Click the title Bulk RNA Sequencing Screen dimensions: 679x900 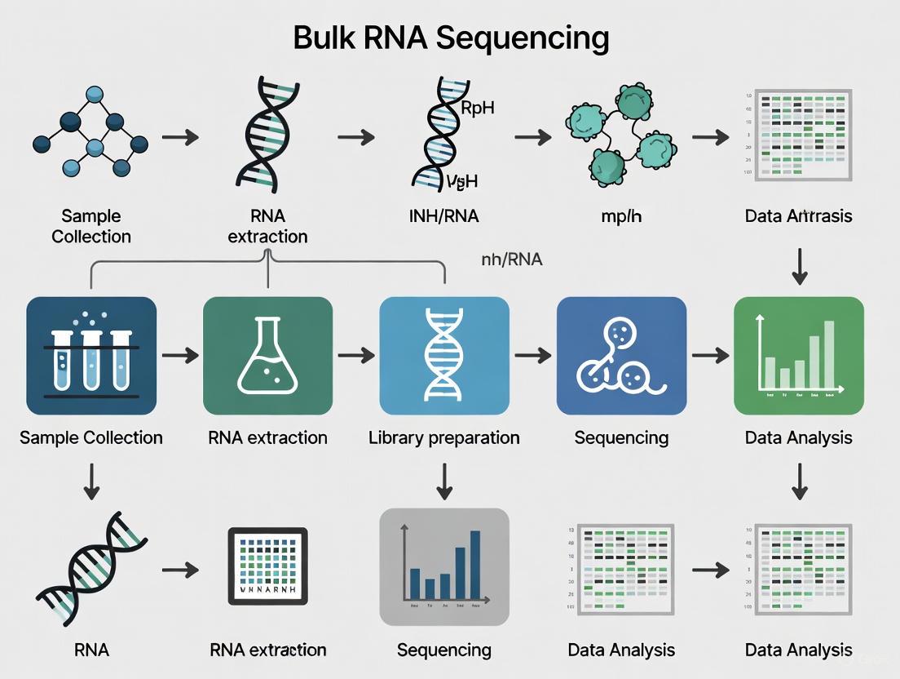click(x=450, y=38)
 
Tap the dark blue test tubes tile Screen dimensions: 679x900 click(x=91, y=356)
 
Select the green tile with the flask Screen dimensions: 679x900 click(x=267, y=356)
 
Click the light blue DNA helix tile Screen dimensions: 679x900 click(x=444, y=356)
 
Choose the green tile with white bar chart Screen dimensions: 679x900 click(x=799, y=356)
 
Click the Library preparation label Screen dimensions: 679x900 click(x=444, y=437)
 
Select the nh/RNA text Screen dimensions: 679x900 click(x=512, y=260)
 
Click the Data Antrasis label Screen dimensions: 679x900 click(x=799, y=216)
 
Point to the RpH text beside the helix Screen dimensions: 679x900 click(x=478, y=109)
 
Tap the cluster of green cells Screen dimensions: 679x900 click(x=615, y=135)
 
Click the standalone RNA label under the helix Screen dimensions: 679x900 click(x=91, y=650)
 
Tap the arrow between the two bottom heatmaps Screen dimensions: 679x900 click(x=710, y=570)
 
